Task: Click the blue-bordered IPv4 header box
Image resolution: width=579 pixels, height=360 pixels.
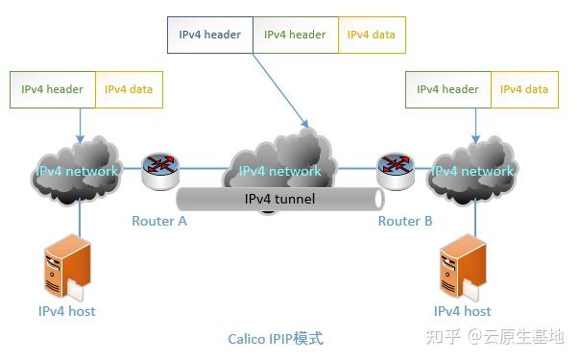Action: pos(209,35)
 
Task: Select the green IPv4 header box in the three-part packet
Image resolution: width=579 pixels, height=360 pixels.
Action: pos(295,35)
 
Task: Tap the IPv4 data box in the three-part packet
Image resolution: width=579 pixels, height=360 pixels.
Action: pos(371,35)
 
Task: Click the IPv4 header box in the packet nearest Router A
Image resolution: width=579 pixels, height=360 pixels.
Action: pos(52,90)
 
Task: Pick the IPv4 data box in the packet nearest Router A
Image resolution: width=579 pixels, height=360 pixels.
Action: pos(129,90)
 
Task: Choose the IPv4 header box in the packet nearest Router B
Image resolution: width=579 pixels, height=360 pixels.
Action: pos(447,90)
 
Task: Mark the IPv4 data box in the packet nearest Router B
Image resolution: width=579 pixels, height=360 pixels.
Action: pos(524,90)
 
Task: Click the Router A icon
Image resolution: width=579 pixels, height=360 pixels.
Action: pos(159,170)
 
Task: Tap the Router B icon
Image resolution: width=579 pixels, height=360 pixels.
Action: pos(395,170)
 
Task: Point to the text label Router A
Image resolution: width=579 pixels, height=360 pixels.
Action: pos(159,221)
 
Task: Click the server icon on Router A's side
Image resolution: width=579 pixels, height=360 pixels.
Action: pos(66,269)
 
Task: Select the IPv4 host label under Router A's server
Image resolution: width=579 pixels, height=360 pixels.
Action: pos(66,311)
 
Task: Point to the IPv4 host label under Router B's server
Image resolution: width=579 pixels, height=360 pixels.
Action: pos(462,311)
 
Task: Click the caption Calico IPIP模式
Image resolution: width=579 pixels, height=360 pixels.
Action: pos(276,339)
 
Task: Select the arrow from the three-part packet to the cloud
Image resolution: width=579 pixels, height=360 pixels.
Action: pos(280,90)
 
